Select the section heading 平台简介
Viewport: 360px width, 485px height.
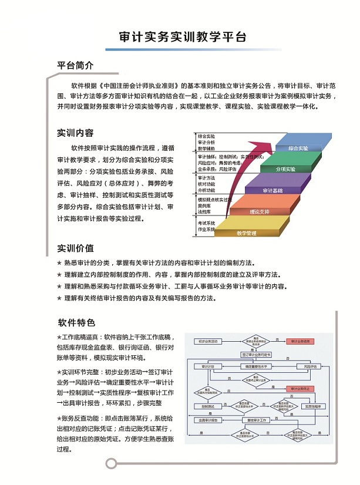pos(75,65)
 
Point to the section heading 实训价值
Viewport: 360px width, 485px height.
pos(75,248)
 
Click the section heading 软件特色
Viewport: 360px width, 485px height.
pos(76,323)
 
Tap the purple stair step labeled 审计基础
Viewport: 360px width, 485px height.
pos(273,190)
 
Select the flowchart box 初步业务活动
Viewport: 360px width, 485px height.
pos(208,341)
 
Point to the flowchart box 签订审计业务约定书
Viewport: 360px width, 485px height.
pos(257,355)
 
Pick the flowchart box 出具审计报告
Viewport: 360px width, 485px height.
pos(208,420)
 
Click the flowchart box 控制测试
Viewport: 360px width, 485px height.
pos(208,406)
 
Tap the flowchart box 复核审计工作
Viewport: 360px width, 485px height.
pos(257,420)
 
